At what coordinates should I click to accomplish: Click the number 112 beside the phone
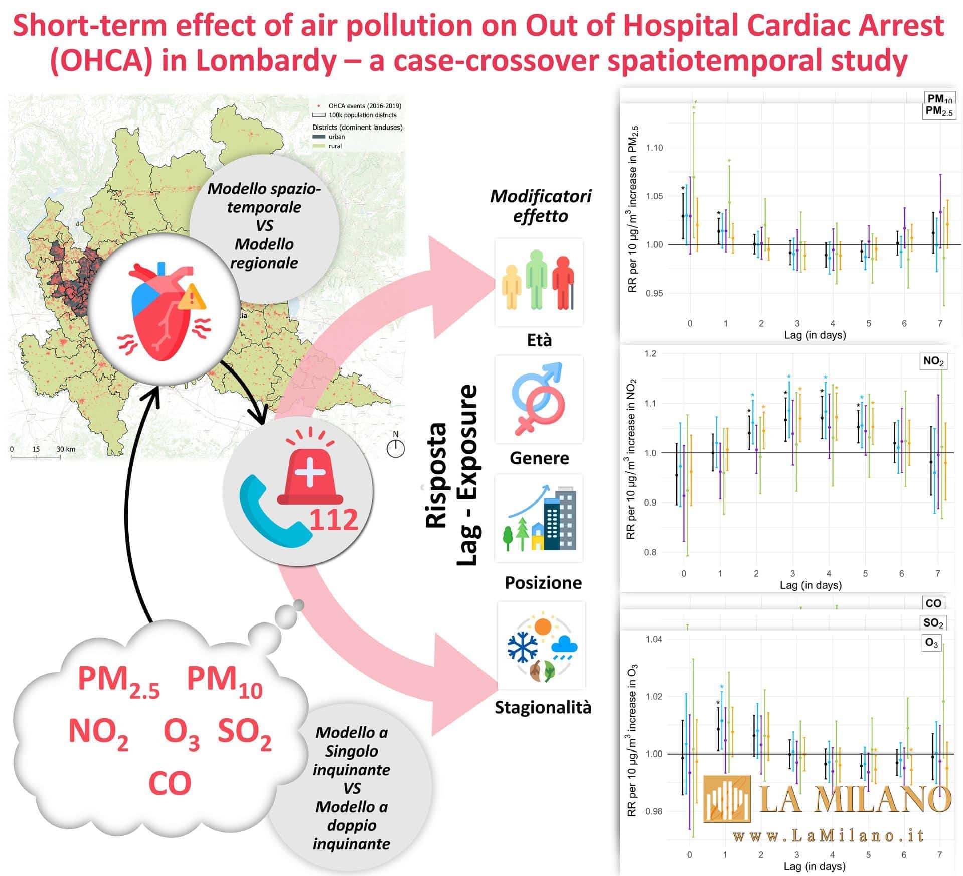pos(333,519)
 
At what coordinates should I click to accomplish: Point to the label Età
pos(539,340)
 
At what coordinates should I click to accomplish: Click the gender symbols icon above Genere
pos(539,399)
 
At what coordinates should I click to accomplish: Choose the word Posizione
pos(543,582)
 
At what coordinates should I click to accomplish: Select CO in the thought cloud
pos(170,783)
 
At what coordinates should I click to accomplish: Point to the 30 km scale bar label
pos(66,449)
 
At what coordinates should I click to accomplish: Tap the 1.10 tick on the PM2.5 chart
pos(654,148)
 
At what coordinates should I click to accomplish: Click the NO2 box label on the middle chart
pos(933,361)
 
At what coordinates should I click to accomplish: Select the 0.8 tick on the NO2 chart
pos(650,553)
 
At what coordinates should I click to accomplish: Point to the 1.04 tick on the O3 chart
pos(654,639)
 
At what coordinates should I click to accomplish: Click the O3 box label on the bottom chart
pos(931,643)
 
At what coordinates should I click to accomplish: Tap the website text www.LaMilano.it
pos(829,835)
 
